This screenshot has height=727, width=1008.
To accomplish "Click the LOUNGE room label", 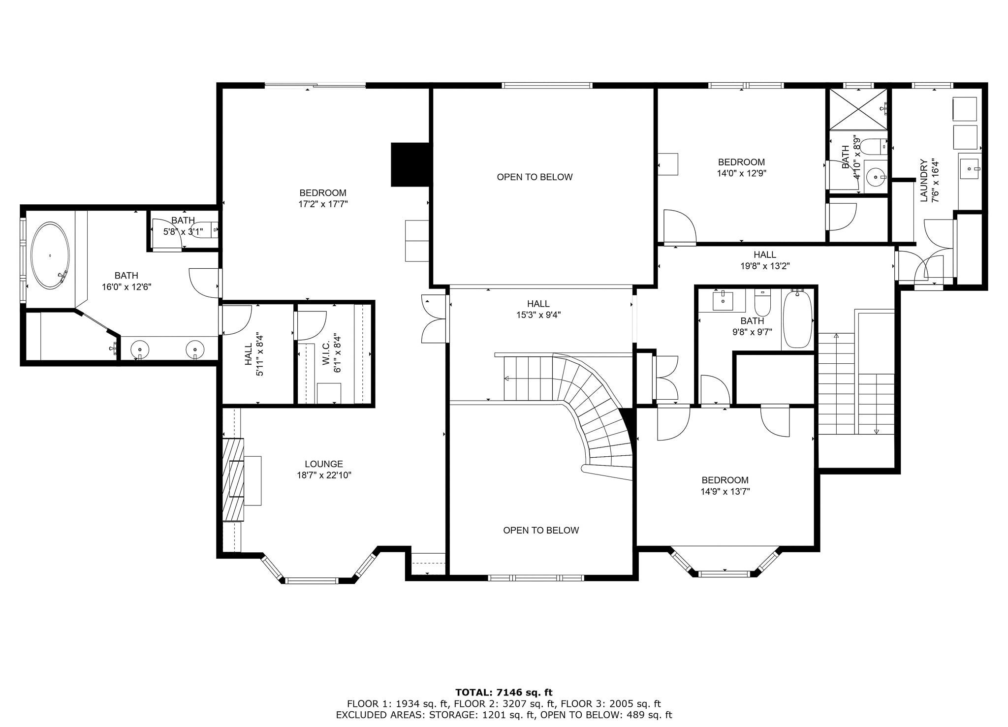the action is click(x=323, y=464).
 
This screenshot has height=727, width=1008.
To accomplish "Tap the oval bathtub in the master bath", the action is click(x=50, y=256).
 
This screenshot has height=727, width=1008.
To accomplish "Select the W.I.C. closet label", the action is click(x=326, y=355).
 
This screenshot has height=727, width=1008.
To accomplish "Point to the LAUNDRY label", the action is click(x=923, y=180).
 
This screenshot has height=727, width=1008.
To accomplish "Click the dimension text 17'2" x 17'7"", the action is click(x=323, y=204).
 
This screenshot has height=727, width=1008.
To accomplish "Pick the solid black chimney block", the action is click(x=410, y=164).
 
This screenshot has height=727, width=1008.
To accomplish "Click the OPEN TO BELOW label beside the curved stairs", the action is click(x=541, y=530).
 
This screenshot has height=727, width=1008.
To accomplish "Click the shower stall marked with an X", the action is click(x=858, y=109).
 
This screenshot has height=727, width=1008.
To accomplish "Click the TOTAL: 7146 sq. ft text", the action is click(x=504, y=693).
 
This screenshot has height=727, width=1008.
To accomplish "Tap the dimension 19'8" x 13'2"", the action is click(x=765, y=266).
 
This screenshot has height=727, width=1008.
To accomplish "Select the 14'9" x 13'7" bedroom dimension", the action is click(x=725, y=491).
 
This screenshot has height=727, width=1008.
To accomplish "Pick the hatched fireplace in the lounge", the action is click(x=233, y=479).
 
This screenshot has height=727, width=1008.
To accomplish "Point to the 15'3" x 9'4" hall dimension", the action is click(x=538, y=315).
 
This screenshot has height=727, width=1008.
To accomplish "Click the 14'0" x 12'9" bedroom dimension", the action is click(x=741, y=173).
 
